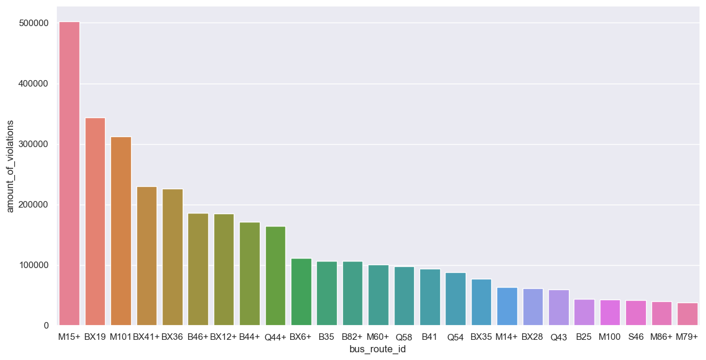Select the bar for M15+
(69, 173)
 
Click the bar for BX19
(95, 221)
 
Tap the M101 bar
(121, 231)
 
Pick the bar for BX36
(173, 257)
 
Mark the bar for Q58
(404, 296)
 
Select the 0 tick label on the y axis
(45, 326)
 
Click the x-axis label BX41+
(147, 337)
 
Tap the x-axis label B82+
(352, 337)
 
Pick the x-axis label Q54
(456, 337)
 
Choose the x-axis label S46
(635, 337)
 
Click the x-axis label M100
(610, 337)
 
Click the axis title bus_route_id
(378, 349)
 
